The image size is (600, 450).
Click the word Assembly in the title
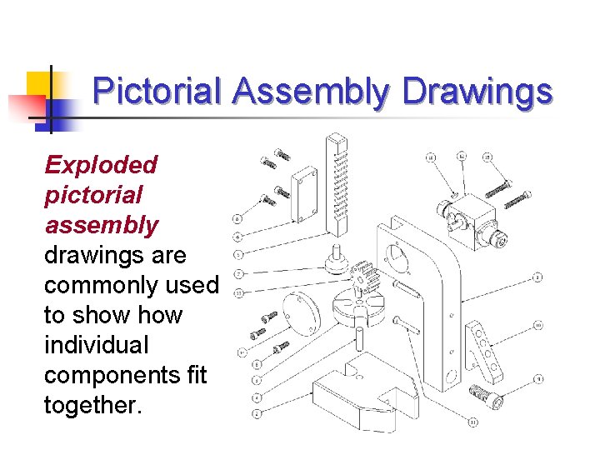pos(310,92)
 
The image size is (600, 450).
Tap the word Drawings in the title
pos(477,92)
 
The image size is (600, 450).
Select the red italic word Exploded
pos(101,164)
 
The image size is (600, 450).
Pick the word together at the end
pos(92,405)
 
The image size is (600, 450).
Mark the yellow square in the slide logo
pos(40,85)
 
